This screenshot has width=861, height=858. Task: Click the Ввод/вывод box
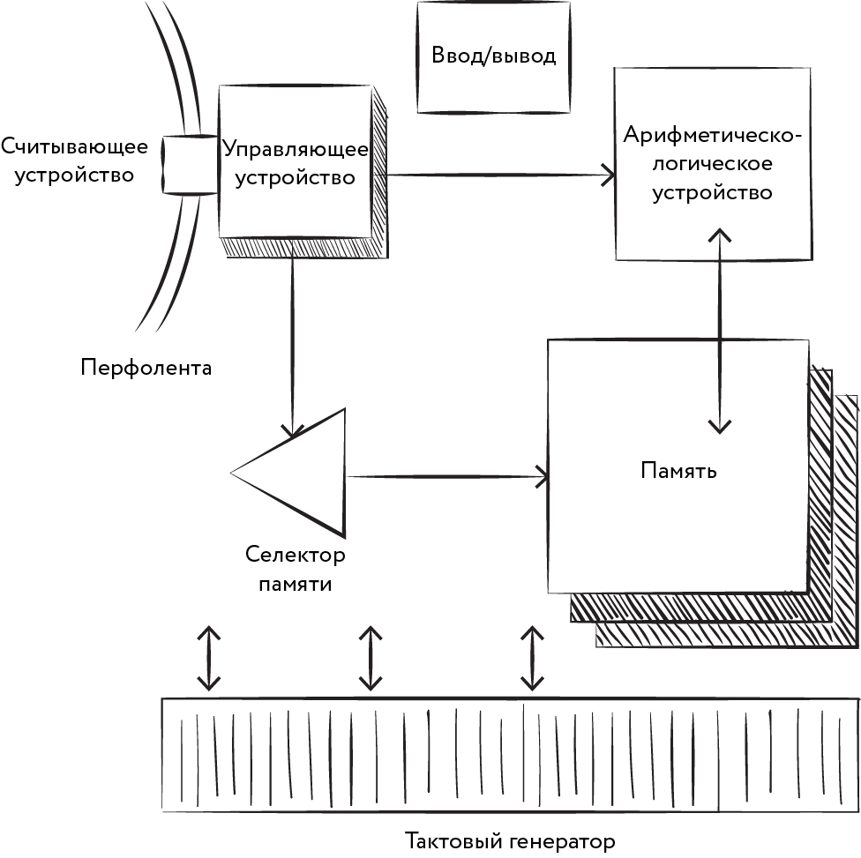tap(493, 56)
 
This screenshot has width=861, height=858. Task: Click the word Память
tap(678, 471)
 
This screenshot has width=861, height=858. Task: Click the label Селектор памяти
tap(296, 570)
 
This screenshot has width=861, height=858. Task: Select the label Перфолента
tap(146, 367)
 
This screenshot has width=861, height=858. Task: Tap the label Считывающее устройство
tap(67, 160)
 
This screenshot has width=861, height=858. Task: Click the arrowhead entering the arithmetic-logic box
tap(608, 175)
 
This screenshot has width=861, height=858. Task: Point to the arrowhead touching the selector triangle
tap(292, 429)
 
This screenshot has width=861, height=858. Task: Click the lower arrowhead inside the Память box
tap(721, 424)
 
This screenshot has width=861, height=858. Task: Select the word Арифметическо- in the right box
tap(713, 136)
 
